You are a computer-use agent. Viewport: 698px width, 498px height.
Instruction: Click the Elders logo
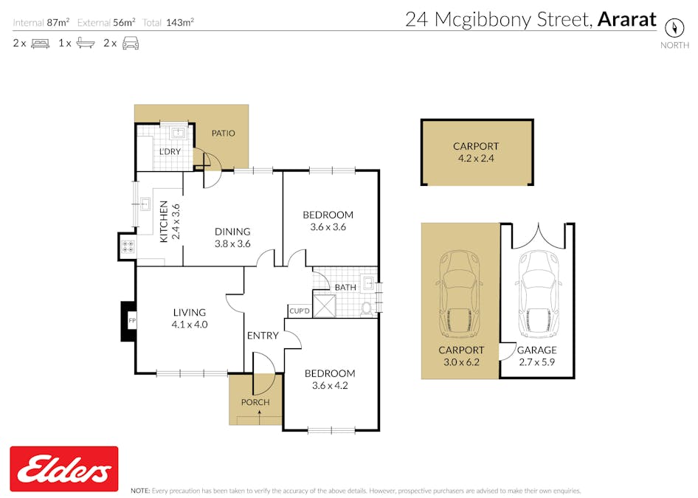64,468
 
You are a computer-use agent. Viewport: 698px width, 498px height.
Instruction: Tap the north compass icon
674,27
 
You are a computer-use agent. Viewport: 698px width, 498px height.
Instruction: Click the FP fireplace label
132,322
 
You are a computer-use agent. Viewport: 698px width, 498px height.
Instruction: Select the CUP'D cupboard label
299,311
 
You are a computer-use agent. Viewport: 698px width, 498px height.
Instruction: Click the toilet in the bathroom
367,308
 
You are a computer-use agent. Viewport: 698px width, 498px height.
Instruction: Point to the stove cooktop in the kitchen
127,247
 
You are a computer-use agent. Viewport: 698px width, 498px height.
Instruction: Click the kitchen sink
145,204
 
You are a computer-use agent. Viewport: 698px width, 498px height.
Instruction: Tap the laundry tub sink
178,134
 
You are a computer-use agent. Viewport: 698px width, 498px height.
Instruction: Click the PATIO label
224,134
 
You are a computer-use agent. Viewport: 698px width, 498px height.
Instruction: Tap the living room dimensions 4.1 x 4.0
190,324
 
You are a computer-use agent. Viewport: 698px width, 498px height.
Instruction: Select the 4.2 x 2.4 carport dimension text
476,158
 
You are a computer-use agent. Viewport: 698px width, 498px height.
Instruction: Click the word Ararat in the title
626,20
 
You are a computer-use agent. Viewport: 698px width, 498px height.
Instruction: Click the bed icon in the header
40,44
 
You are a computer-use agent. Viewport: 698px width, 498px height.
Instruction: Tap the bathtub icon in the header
86,44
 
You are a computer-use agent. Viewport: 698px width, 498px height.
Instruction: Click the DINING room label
232,231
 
